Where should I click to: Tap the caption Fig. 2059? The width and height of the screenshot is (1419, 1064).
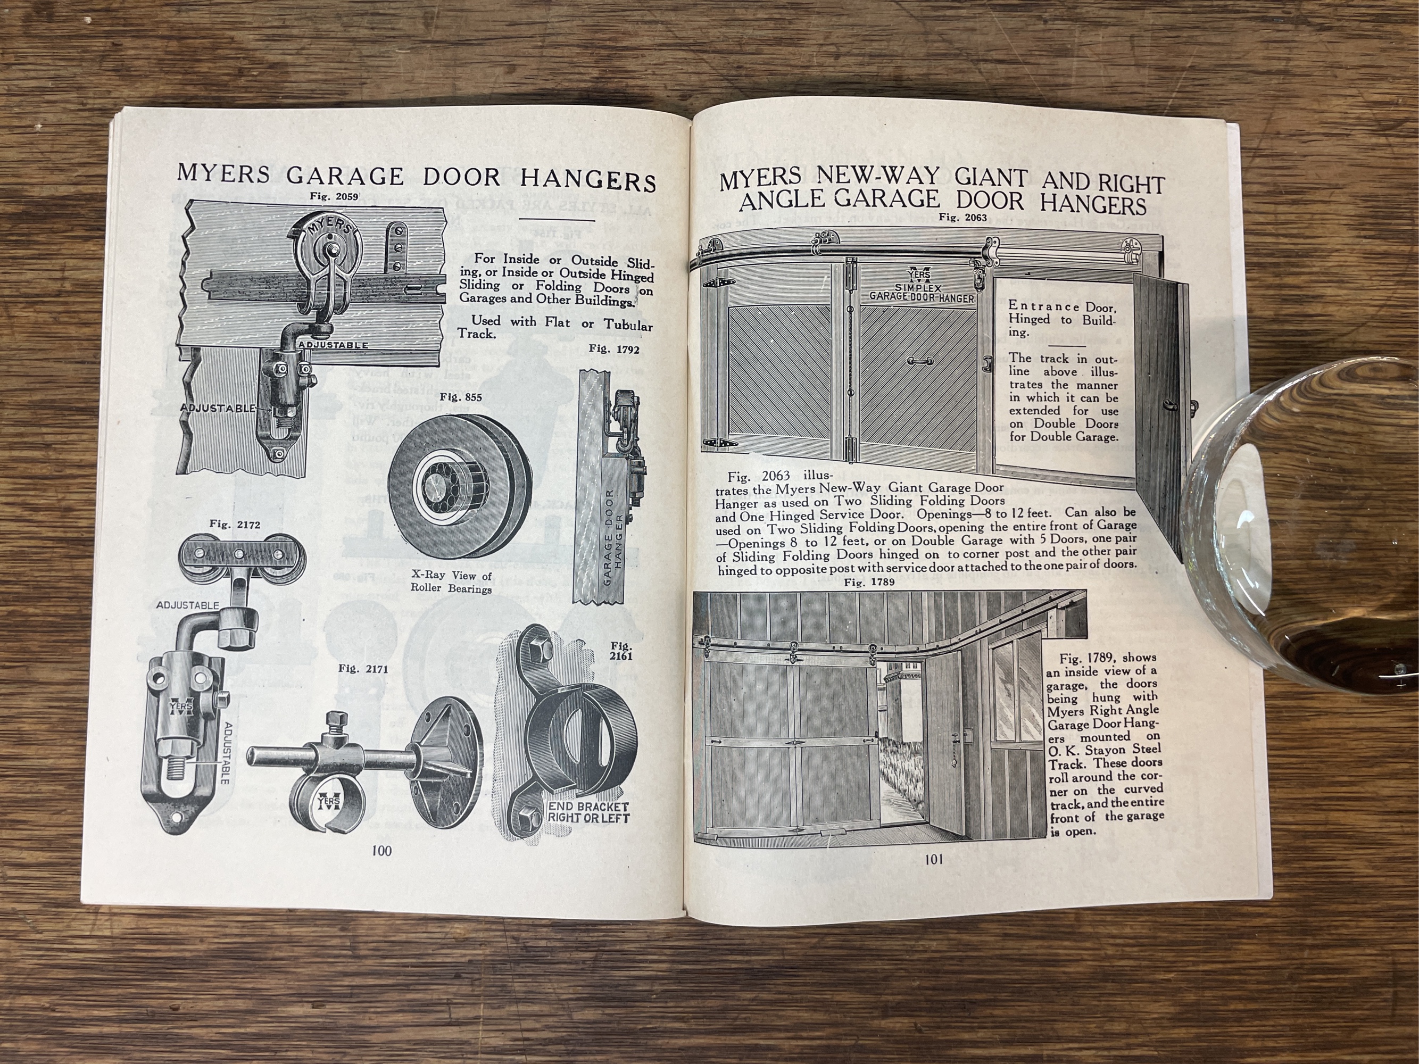tap(334, 196)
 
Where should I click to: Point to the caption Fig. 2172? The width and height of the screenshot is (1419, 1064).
tap(235, 524)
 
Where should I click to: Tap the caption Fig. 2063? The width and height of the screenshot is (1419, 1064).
tap(962, 217)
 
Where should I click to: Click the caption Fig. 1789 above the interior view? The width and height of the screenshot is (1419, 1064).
tap(870, 583)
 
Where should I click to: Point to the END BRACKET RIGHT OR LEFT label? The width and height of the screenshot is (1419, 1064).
tap(588, 812)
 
